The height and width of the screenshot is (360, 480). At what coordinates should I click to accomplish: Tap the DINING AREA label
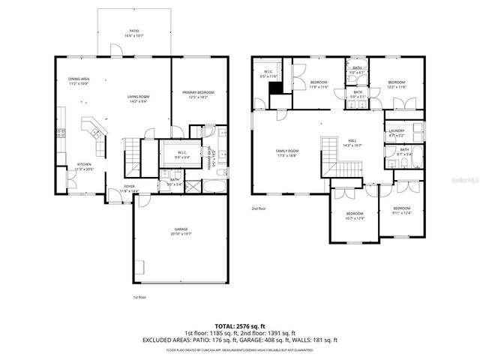click(x=79, y=79)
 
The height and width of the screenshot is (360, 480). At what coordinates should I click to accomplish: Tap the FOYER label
click(x=129, y=187)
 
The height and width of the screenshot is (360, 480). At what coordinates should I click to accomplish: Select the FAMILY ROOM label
click(x=287, y=151)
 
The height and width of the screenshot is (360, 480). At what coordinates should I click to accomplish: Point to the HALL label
click(x=352, y=141)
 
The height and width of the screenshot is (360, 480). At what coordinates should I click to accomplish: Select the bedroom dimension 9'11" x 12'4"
click(x=402, y=211)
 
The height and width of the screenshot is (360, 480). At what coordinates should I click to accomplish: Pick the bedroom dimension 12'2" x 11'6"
click(x=397, y=86)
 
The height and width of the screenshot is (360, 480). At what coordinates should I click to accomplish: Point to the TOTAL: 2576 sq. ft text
click(x=240, y=325)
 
